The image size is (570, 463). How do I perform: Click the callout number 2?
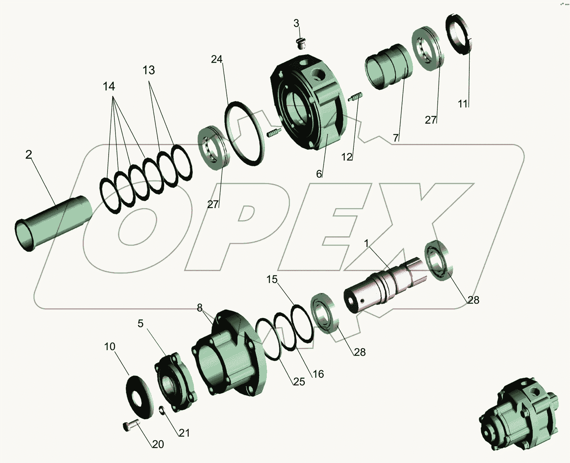click(28, 154)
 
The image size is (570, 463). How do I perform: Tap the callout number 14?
click(109, 86)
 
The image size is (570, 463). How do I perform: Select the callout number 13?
click(149, 70)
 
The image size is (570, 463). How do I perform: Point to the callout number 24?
click(217, 59)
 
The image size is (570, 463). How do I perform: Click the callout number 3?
click(296, 24)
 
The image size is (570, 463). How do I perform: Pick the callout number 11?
click(462, 104)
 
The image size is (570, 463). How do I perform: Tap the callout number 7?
click(396, 138)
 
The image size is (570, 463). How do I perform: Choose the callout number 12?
click(347, 157)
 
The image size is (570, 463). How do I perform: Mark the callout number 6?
click(319, 174)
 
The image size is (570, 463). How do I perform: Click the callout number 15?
click(272, 280)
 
